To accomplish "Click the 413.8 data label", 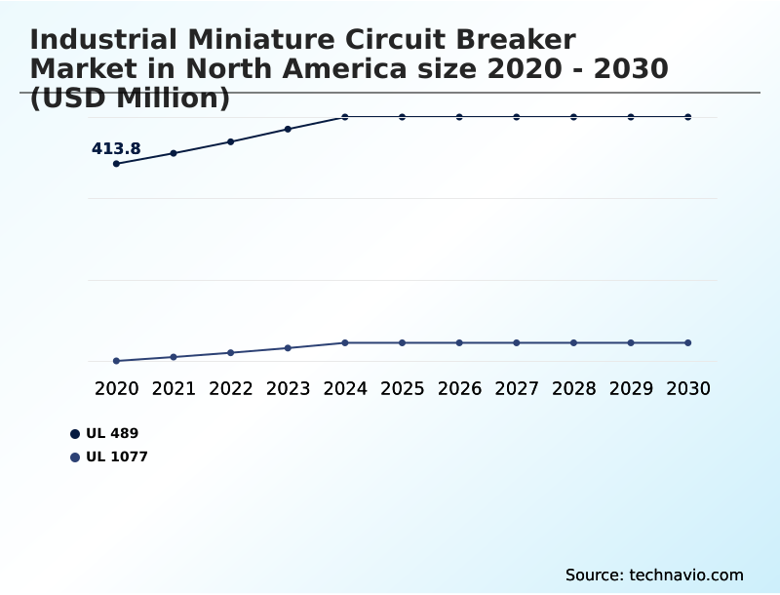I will [x=116, y=149].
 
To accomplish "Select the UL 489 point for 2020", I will [x=116, y=164].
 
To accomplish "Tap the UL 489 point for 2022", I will [x=231, y=141].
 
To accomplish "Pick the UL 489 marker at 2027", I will [x=517, y=117].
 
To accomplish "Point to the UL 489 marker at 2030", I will [x=687, y=117].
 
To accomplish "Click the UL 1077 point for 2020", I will [x=116, y=361].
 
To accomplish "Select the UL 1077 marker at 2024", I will [x=345, y=342].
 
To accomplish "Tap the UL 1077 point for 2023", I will [x=288, y=348].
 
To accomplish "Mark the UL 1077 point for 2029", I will [x=631, y=342].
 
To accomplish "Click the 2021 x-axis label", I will [x=174, y=388].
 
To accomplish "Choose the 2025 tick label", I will [x=402, y=388].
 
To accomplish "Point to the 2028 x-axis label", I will [x=573, y=388].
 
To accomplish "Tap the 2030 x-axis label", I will [x=687, y=388].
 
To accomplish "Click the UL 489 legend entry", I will [x=110, y=433].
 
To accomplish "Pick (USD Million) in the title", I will [x=130, y=98].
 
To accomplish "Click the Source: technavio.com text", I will [x=654, y=575].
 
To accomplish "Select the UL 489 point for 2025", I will [x=402, y=117].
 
